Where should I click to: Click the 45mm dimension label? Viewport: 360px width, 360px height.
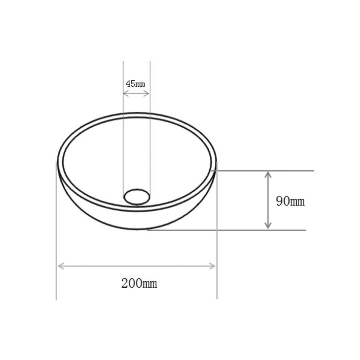[136, 84]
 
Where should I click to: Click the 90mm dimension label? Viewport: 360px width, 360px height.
[290, 201]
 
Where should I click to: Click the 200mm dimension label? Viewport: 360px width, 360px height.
[139, 284]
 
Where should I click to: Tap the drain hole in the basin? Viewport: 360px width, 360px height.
[137, 196]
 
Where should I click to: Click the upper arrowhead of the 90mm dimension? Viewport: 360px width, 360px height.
[268, 174]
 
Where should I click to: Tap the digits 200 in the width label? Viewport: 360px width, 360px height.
[130, 284]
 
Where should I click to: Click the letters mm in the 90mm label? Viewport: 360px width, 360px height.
[298, 202]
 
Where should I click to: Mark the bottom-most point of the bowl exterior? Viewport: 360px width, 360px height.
[137, 230]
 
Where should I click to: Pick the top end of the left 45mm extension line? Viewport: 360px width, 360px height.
[123, 62]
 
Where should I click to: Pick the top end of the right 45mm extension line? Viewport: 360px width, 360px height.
[150, 62]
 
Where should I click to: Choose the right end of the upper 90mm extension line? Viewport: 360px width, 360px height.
[314, 171]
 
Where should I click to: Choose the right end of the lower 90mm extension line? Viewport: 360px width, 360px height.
[306, 230]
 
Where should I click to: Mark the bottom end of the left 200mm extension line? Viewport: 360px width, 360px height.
[56, 300]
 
